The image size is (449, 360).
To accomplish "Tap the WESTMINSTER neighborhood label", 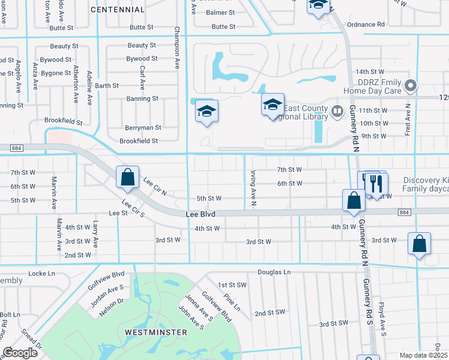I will tap(152, 332).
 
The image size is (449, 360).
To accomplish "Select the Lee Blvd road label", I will tap(200, 214).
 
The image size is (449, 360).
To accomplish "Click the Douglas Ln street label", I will tap(274, 272).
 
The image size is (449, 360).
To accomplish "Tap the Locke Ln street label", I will tap(41, 273).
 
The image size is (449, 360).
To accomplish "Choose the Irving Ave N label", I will tap(254, 187).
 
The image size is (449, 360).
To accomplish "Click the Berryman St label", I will tap(143, 127).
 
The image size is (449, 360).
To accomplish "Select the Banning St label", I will tap(142, 98).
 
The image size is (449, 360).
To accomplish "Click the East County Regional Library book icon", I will tap(337, 111).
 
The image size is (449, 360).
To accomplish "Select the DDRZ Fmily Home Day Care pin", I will tap(411, 86).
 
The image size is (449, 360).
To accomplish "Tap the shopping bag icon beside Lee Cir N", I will tap(127, 177).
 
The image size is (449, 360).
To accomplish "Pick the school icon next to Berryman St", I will tap(206, 112).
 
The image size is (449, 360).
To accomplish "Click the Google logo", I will tap(20, 353).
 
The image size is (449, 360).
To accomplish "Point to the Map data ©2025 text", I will tap(423, 355).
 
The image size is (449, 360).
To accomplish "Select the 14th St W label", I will tap(370, 71).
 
